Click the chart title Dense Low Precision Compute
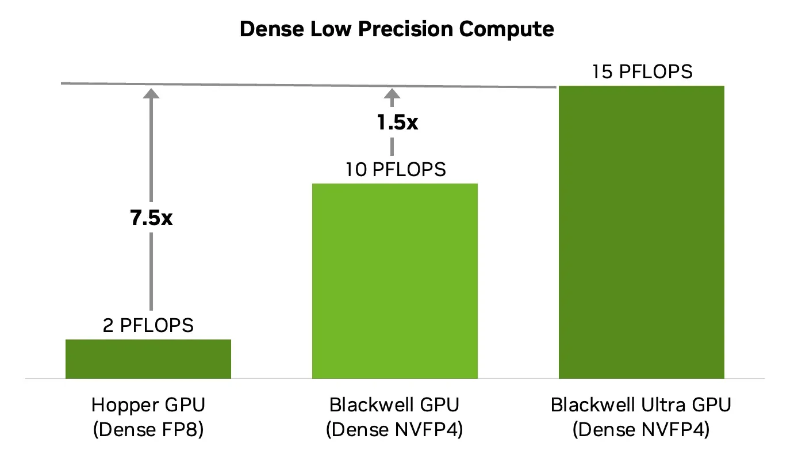pyautogui.click(x=397, y=29)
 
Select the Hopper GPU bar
pyautogui.click(x=148, y=359)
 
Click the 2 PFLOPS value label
pyautogui.click(x=148, y=326)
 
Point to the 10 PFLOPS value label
pyautogui.click(x=395, y=170)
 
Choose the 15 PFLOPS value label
pyautogui.click(x=642, y=72)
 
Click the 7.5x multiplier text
pyautogui.click(x=151, y=218)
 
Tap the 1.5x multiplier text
pyautogui.click(x=397, y=123)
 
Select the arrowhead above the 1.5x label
pyautogui.click(x=392, y=93)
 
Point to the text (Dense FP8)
pyautogui.click(x=148, y=430)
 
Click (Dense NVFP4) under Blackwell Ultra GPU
pyautogui.click(x=641, y=430)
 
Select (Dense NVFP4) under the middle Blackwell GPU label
pyautogui.click(x=394, y=430)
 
